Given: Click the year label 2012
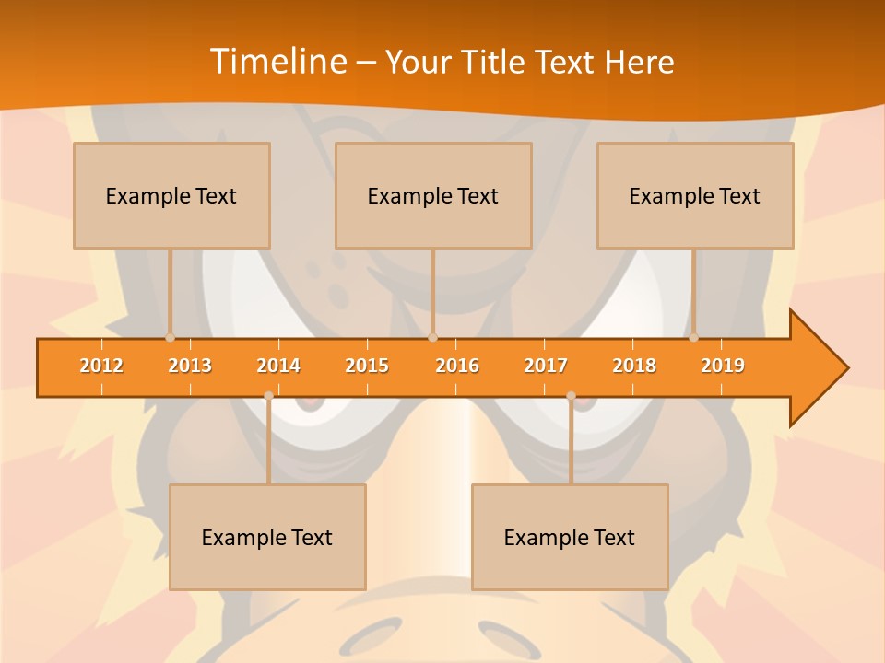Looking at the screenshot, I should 101,366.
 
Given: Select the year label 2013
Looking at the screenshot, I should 190,366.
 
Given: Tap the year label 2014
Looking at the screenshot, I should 278,366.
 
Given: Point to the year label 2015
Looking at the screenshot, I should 367,366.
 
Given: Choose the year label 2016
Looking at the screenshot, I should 457,366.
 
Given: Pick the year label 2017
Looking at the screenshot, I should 546,366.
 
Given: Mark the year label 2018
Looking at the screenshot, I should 634,366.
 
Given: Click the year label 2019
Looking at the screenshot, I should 723,366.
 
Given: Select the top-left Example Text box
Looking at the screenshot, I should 171,195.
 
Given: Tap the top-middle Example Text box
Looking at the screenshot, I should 433,195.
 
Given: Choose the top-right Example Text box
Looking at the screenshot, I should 695,195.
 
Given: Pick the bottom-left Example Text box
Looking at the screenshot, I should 267,537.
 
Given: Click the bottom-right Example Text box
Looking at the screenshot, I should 570,537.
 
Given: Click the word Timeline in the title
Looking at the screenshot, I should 278,61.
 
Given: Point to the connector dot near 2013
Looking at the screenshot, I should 170,337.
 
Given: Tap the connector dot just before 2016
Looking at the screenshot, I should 432,337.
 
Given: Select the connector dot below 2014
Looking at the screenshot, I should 268,396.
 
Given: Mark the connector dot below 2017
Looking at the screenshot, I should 571,396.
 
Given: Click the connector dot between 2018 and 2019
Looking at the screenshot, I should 693,337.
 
